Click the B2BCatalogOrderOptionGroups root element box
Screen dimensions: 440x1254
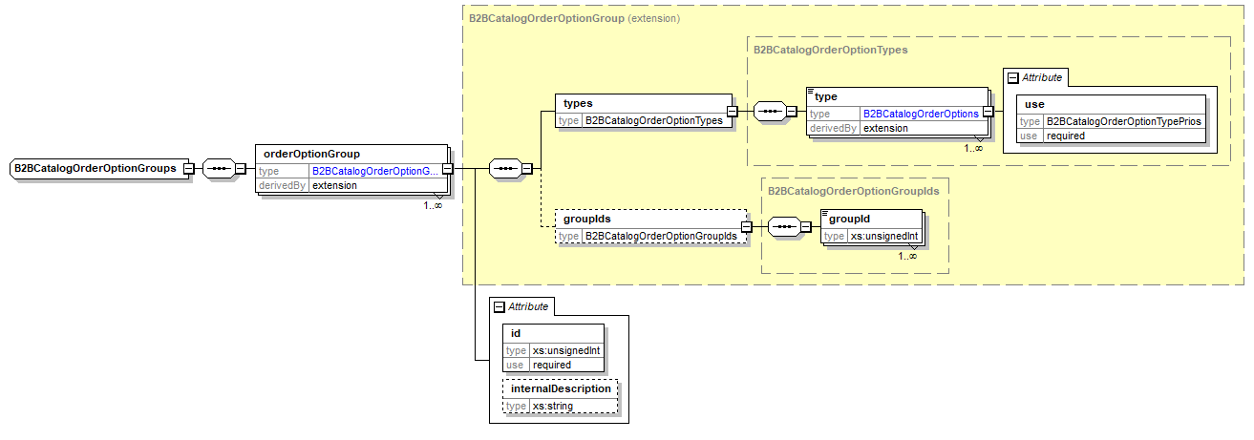point(95,169)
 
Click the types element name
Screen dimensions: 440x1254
point(578,103)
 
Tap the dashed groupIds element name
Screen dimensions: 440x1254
point(586,219)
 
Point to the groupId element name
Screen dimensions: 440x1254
point(848,219)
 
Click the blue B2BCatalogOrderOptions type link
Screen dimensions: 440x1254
point(921,113)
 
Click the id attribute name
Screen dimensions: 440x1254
point(516,332)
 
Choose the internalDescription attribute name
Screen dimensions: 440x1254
point(561,389)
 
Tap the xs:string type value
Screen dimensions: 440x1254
point(553,407)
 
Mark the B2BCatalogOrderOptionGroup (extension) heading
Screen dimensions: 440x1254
point(573,17)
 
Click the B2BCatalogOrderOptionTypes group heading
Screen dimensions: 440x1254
point(830,49)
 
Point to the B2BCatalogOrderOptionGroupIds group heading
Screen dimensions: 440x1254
point(853,190)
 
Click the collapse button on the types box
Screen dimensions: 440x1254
point(732,112)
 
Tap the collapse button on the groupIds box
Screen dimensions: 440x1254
point(747,227)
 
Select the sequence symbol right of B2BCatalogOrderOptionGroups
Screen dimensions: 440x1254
point(219,169)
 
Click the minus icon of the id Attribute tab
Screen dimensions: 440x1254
point(499,306)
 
